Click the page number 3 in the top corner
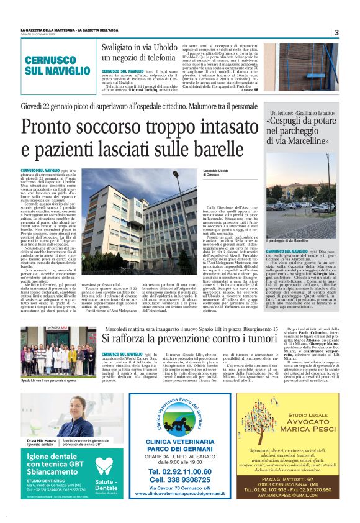pyautogui.click(x=336, y=32)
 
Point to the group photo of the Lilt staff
pyautogui.click(x=58, y=352)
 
